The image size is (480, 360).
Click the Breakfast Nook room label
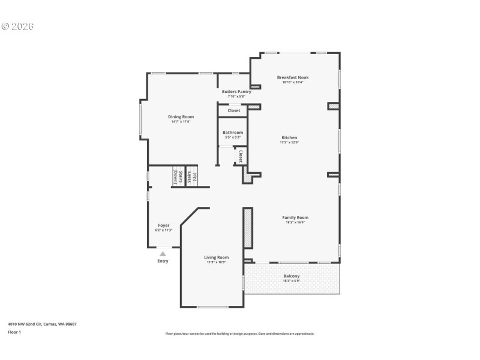pyautogui.click(x=293, y=77)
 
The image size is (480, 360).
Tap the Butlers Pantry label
pyautogui.click(x=236, y=92)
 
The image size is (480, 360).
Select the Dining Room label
pyautogui.click(x=181, y=116)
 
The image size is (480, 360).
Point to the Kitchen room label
pyautogui.click(x=289, y=137)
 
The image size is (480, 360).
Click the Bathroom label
pyautogui.click(x=233, y=132)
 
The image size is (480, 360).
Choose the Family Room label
pyautogui.click(x=295, y=217)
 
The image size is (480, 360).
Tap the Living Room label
pyautogui.click(x=216, y=257)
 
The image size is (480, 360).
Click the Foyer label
pyautogui.click(x=163, y=226)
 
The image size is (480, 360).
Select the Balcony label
pyautogui.click(x=292, y=276)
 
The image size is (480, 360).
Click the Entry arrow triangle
pyautogui.click(x=163, y=254)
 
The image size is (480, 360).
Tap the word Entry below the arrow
pyautogui.click(x=163, y=261)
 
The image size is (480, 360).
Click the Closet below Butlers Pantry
pyautogui.click(x=233, y=110)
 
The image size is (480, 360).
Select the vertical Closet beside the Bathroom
pyautogui.click(x=240, y=155)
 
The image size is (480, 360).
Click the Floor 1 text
pyautogui.click(x=14, y=331)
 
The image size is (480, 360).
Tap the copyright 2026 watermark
pyautogui.click(x=17, y=26)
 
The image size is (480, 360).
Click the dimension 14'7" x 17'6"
pyautogui.click(x=181, y=122)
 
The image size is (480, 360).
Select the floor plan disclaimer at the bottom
pyautogui.click(x=239, y=334)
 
